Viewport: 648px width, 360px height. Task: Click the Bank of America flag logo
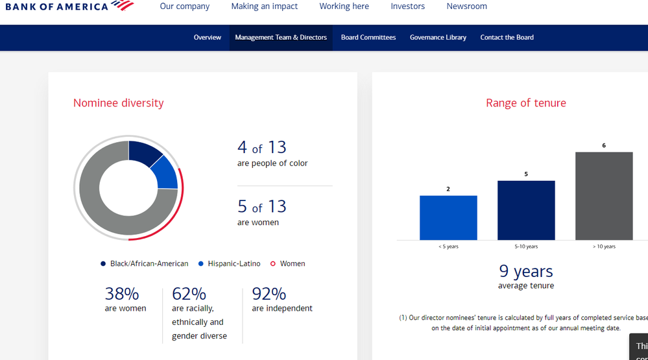click(123, 6)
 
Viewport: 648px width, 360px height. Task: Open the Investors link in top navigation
click(407, 6)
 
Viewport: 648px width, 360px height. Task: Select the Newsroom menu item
click(466, 6)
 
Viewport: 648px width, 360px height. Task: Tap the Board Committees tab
click(368, 38)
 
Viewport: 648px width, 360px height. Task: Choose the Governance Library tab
click(438, 38)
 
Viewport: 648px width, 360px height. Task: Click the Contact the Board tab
click(507, 38)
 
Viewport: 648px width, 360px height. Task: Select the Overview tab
click(207, 38)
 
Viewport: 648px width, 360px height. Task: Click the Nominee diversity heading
click(118, 103)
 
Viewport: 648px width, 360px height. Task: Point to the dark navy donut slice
click(144, 153)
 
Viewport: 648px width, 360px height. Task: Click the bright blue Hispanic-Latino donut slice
click(165, 173)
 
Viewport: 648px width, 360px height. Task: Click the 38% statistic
click(122, 294)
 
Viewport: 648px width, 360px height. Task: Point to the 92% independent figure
click(269, 294)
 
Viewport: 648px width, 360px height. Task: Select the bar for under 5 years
click(448, 218)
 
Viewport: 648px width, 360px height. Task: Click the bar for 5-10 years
click(526, 210)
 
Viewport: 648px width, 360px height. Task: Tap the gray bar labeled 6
click(603, 196)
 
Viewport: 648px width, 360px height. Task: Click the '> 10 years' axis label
click(603, 246)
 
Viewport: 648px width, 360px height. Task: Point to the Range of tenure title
click(525, 103)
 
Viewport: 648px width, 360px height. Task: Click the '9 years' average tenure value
click(525, 271)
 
